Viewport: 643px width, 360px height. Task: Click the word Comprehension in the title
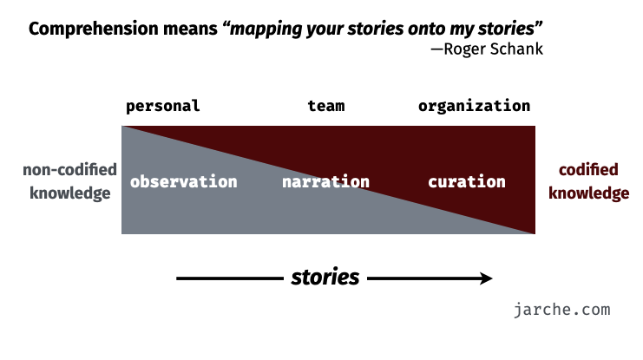94,29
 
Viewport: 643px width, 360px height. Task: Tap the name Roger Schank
494,49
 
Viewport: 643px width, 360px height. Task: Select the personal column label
163,107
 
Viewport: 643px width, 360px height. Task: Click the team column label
326,106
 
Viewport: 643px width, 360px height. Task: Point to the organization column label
474,107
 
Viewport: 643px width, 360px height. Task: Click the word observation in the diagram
183,181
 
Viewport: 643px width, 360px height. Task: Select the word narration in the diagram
325,182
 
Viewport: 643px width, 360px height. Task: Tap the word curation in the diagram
467,182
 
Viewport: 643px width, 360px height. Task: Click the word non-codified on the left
69,170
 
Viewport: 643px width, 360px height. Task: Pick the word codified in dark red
588,170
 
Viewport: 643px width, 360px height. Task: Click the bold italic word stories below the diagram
325,278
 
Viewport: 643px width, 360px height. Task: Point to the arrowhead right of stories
486,278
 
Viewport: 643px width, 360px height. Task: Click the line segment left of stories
230,278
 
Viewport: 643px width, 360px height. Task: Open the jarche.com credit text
561,310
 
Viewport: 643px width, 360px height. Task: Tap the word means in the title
190,29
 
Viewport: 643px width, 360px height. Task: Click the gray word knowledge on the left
70,193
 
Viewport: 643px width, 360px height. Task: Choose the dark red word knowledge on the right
589,193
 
